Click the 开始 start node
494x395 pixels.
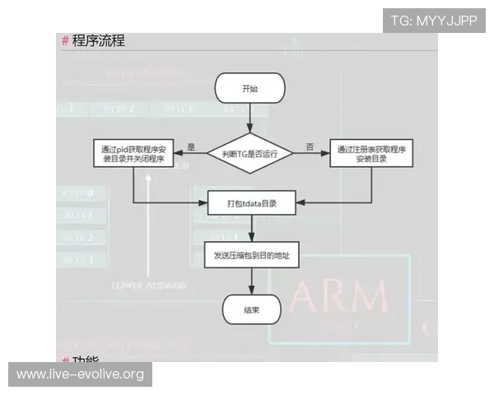click(x=249, y=88)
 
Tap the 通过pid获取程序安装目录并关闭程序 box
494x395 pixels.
click(x=133, y=154)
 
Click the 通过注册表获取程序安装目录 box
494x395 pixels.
click(x=370, y=154)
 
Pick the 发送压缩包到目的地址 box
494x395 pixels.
click(x=251, y=256)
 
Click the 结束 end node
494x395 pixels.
click(x=251, y=309)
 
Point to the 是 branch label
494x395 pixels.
click(x=191, y=146)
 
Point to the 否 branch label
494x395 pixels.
click(x=310, y=146)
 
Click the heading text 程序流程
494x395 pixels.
click(x=98, y=40)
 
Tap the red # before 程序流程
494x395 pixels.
click(x=66, y=40)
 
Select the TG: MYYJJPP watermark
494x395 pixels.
click(x=433, y=21)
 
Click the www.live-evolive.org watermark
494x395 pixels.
click(x=81, y=374)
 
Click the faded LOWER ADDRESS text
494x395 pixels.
click(x=149, y=285)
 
